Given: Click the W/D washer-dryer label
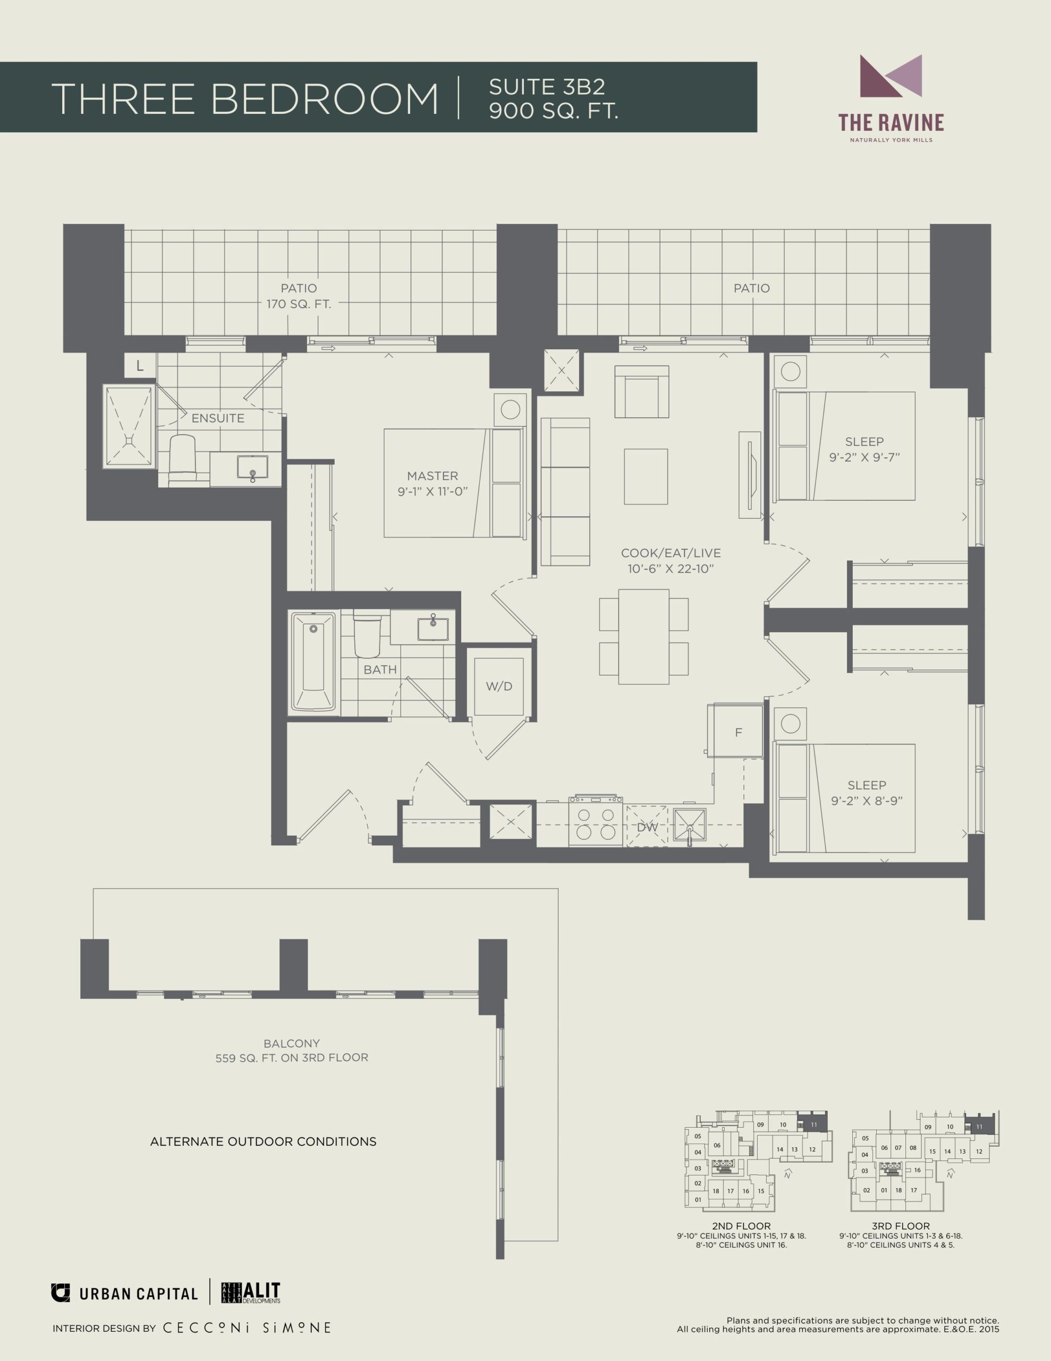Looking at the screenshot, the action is [x=499, y=686].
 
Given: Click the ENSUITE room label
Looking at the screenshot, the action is [x=217, y=418].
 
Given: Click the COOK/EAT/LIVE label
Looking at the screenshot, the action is [x=671, y=553].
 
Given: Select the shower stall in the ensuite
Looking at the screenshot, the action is [x=129, y=426].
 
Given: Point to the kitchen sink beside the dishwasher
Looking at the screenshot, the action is [x=689, y=827].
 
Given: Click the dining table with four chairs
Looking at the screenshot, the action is [x=643, y=636].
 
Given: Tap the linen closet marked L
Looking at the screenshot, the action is [x=140, y=366].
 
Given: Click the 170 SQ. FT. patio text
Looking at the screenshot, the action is [x=299, y=304].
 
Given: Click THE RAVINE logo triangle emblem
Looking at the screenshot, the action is [x=890, y=76].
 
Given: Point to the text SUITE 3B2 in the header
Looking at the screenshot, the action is [x=547, y=87].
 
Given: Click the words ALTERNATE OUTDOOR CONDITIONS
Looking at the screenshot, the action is [x=263, y=1141].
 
